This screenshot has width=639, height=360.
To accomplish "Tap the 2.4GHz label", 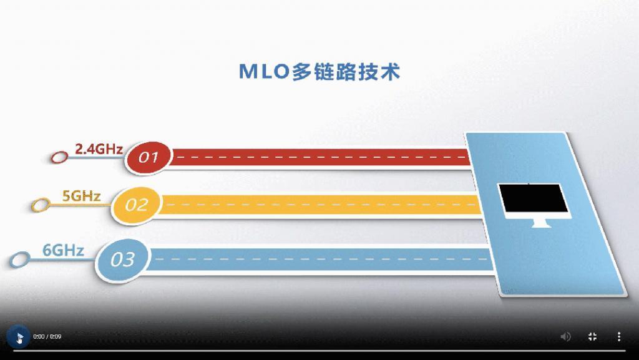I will point(99,149).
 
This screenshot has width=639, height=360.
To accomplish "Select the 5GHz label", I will point(81,196).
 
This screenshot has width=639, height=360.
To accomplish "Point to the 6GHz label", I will point(63,251).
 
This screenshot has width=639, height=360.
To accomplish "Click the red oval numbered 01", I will point(149,157).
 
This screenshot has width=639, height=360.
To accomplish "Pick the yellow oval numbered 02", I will point(137,205).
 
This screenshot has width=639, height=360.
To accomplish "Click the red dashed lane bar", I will point(318,157).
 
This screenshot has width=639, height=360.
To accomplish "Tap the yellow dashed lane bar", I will point(318,205).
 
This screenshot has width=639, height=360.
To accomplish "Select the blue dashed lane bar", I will point(318,259).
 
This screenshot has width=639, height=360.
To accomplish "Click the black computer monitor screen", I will point(533,200).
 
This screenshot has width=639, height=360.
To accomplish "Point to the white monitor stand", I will point(538,222).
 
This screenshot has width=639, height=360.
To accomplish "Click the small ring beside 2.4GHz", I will point(59,157).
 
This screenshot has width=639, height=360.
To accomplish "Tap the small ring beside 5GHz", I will point(41,205).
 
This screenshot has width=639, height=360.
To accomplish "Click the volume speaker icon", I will point(565,337).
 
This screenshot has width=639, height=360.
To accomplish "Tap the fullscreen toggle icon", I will point(593,337).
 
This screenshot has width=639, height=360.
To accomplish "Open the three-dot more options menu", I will point(619,337).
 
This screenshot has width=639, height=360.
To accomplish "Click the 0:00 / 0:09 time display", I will point(47,337).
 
